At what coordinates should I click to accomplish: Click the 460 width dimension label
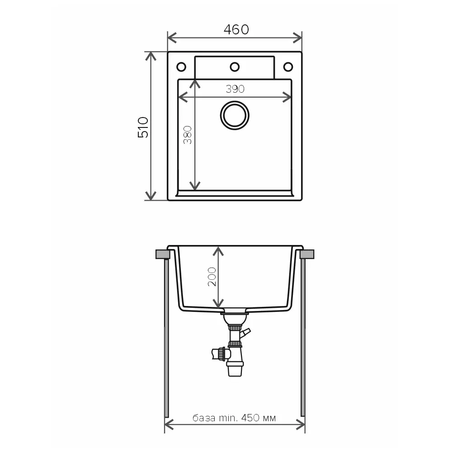click(x=236, y=29)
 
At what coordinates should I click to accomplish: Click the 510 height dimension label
click(x=143, y=127)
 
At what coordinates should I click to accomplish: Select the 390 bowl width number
click(x=235, y=89)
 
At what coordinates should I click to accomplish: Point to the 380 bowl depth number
click(x=188, y=135)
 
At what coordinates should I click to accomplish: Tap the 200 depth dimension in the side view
click(x=212, y=277)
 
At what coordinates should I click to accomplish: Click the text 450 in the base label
click(x=250, y=418)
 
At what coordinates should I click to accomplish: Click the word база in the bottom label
click(x=203, y=418)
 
